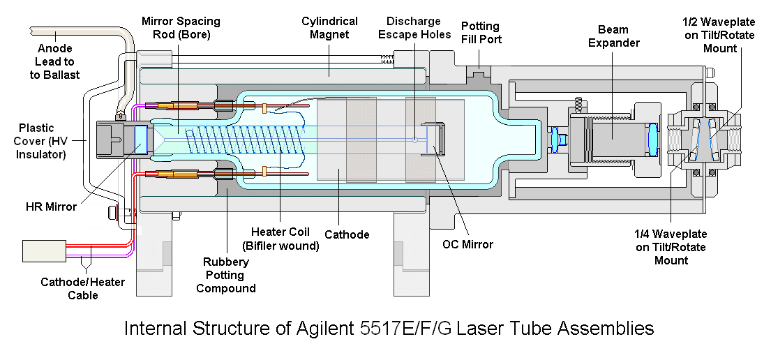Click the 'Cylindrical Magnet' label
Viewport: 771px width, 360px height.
pos(329,29)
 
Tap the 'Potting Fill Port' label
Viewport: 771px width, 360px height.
pos(480,32)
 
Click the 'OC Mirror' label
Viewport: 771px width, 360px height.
pos(467,244)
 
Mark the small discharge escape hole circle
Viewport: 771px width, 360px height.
pos(414,140)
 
